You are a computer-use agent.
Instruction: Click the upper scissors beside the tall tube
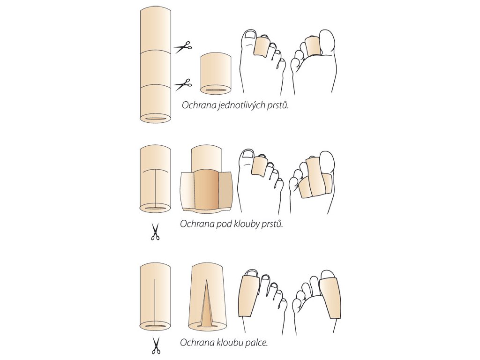tap(183, 47)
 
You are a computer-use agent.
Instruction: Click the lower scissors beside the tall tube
tap(183, 84)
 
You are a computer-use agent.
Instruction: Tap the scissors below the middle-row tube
tap(155, 232)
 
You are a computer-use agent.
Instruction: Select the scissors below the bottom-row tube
tap(155, 345)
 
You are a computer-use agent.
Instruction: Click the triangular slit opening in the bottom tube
tap(207, 305)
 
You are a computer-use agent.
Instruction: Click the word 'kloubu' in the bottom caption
tap(228, 343)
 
